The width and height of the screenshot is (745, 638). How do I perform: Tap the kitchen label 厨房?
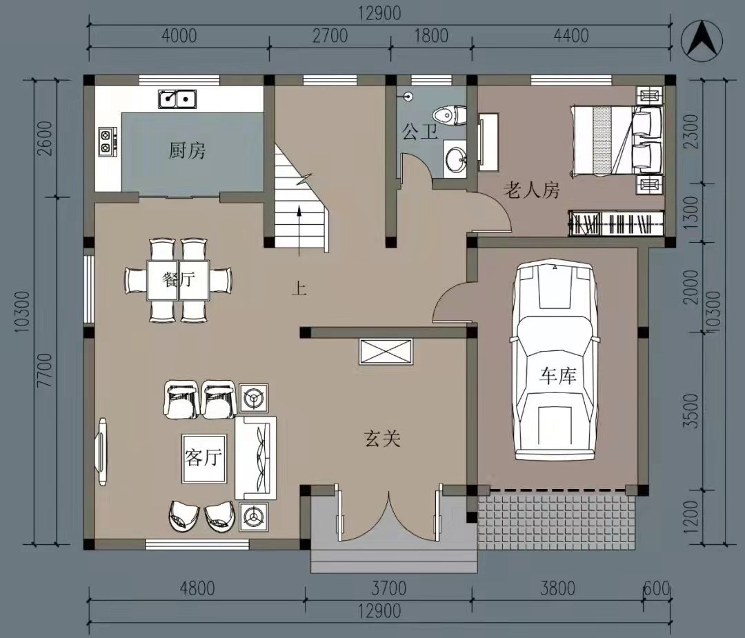tap(187, 150)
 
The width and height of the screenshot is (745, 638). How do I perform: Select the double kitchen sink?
tap(178, 99)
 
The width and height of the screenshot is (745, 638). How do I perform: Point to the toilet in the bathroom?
tap(450, 115)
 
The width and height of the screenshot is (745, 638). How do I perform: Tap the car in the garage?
tap(553, 360)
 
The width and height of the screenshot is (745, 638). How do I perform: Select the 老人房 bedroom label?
tap(531, 190)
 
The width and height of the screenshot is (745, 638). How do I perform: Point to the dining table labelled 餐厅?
tap(178, 280)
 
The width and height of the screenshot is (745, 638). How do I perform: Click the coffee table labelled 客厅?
tap(203, 459)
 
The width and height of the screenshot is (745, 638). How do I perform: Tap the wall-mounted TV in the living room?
tap(101, 451)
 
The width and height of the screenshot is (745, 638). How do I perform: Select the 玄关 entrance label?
tap(382, 439)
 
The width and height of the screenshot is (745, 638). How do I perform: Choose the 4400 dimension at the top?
tap(571, 36)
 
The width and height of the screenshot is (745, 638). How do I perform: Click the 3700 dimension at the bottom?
tap(388, 588)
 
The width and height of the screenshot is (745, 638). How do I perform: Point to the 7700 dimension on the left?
tap(44, 370)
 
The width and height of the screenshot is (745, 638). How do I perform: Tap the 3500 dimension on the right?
tap(693, 410)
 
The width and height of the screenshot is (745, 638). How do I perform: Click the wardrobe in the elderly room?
tap(616, 223)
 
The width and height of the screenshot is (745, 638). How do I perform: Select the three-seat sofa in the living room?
tap(256, 458)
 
